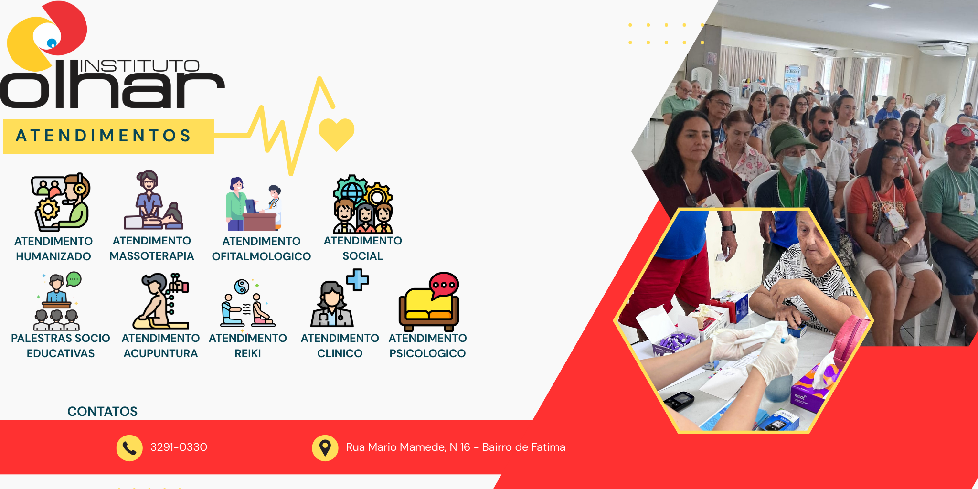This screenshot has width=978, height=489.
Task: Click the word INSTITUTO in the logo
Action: pyautogui.click(x=139, y=65)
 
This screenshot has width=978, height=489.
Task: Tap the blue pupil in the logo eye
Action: pyautogui.click(x=52, y=43)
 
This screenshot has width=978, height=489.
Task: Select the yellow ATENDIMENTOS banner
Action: pyautogui.click(x=108, y=136)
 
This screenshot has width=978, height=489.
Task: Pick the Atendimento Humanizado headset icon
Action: pyautogui.click(x=60, y=202)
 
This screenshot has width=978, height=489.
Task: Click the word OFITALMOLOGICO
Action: pyautogui.click(x=261, y=256)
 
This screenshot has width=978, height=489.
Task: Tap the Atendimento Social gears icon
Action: pyautogui.click(x=363, y=204)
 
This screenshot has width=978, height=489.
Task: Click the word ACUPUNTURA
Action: pyautogui.click(x=160, y=353)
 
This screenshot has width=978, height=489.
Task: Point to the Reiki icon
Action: pyautogui.click(x=247, y=304)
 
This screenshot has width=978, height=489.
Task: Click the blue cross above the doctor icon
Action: pyautogui.click(x=358, y=280)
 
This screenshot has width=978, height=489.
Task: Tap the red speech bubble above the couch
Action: pyautogui.click(x=444, y=286)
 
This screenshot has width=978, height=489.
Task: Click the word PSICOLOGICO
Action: pyautogui.click(x=427, y=353)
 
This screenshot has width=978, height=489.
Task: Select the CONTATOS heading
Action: pyautogui.click(x=102, y=411)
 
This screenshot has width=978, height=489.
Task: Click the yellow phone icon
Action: pyautogui.click(x=129, y=448)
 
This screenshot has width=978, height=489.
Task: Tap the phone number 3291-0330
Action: pyautogui.click(x=179, y=447)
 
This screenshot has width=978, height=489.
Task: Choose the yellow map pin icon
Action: pyautogui.click(x=325, y=448)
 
